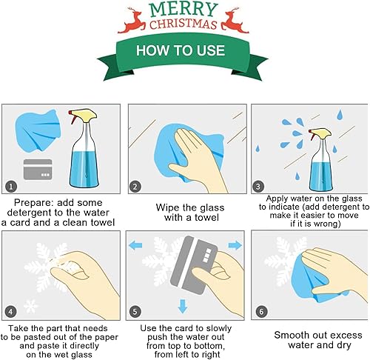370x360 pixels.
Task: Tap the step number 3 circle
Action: point(259,186)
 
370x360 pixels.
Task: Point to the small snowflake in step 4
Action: point(30,305)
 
